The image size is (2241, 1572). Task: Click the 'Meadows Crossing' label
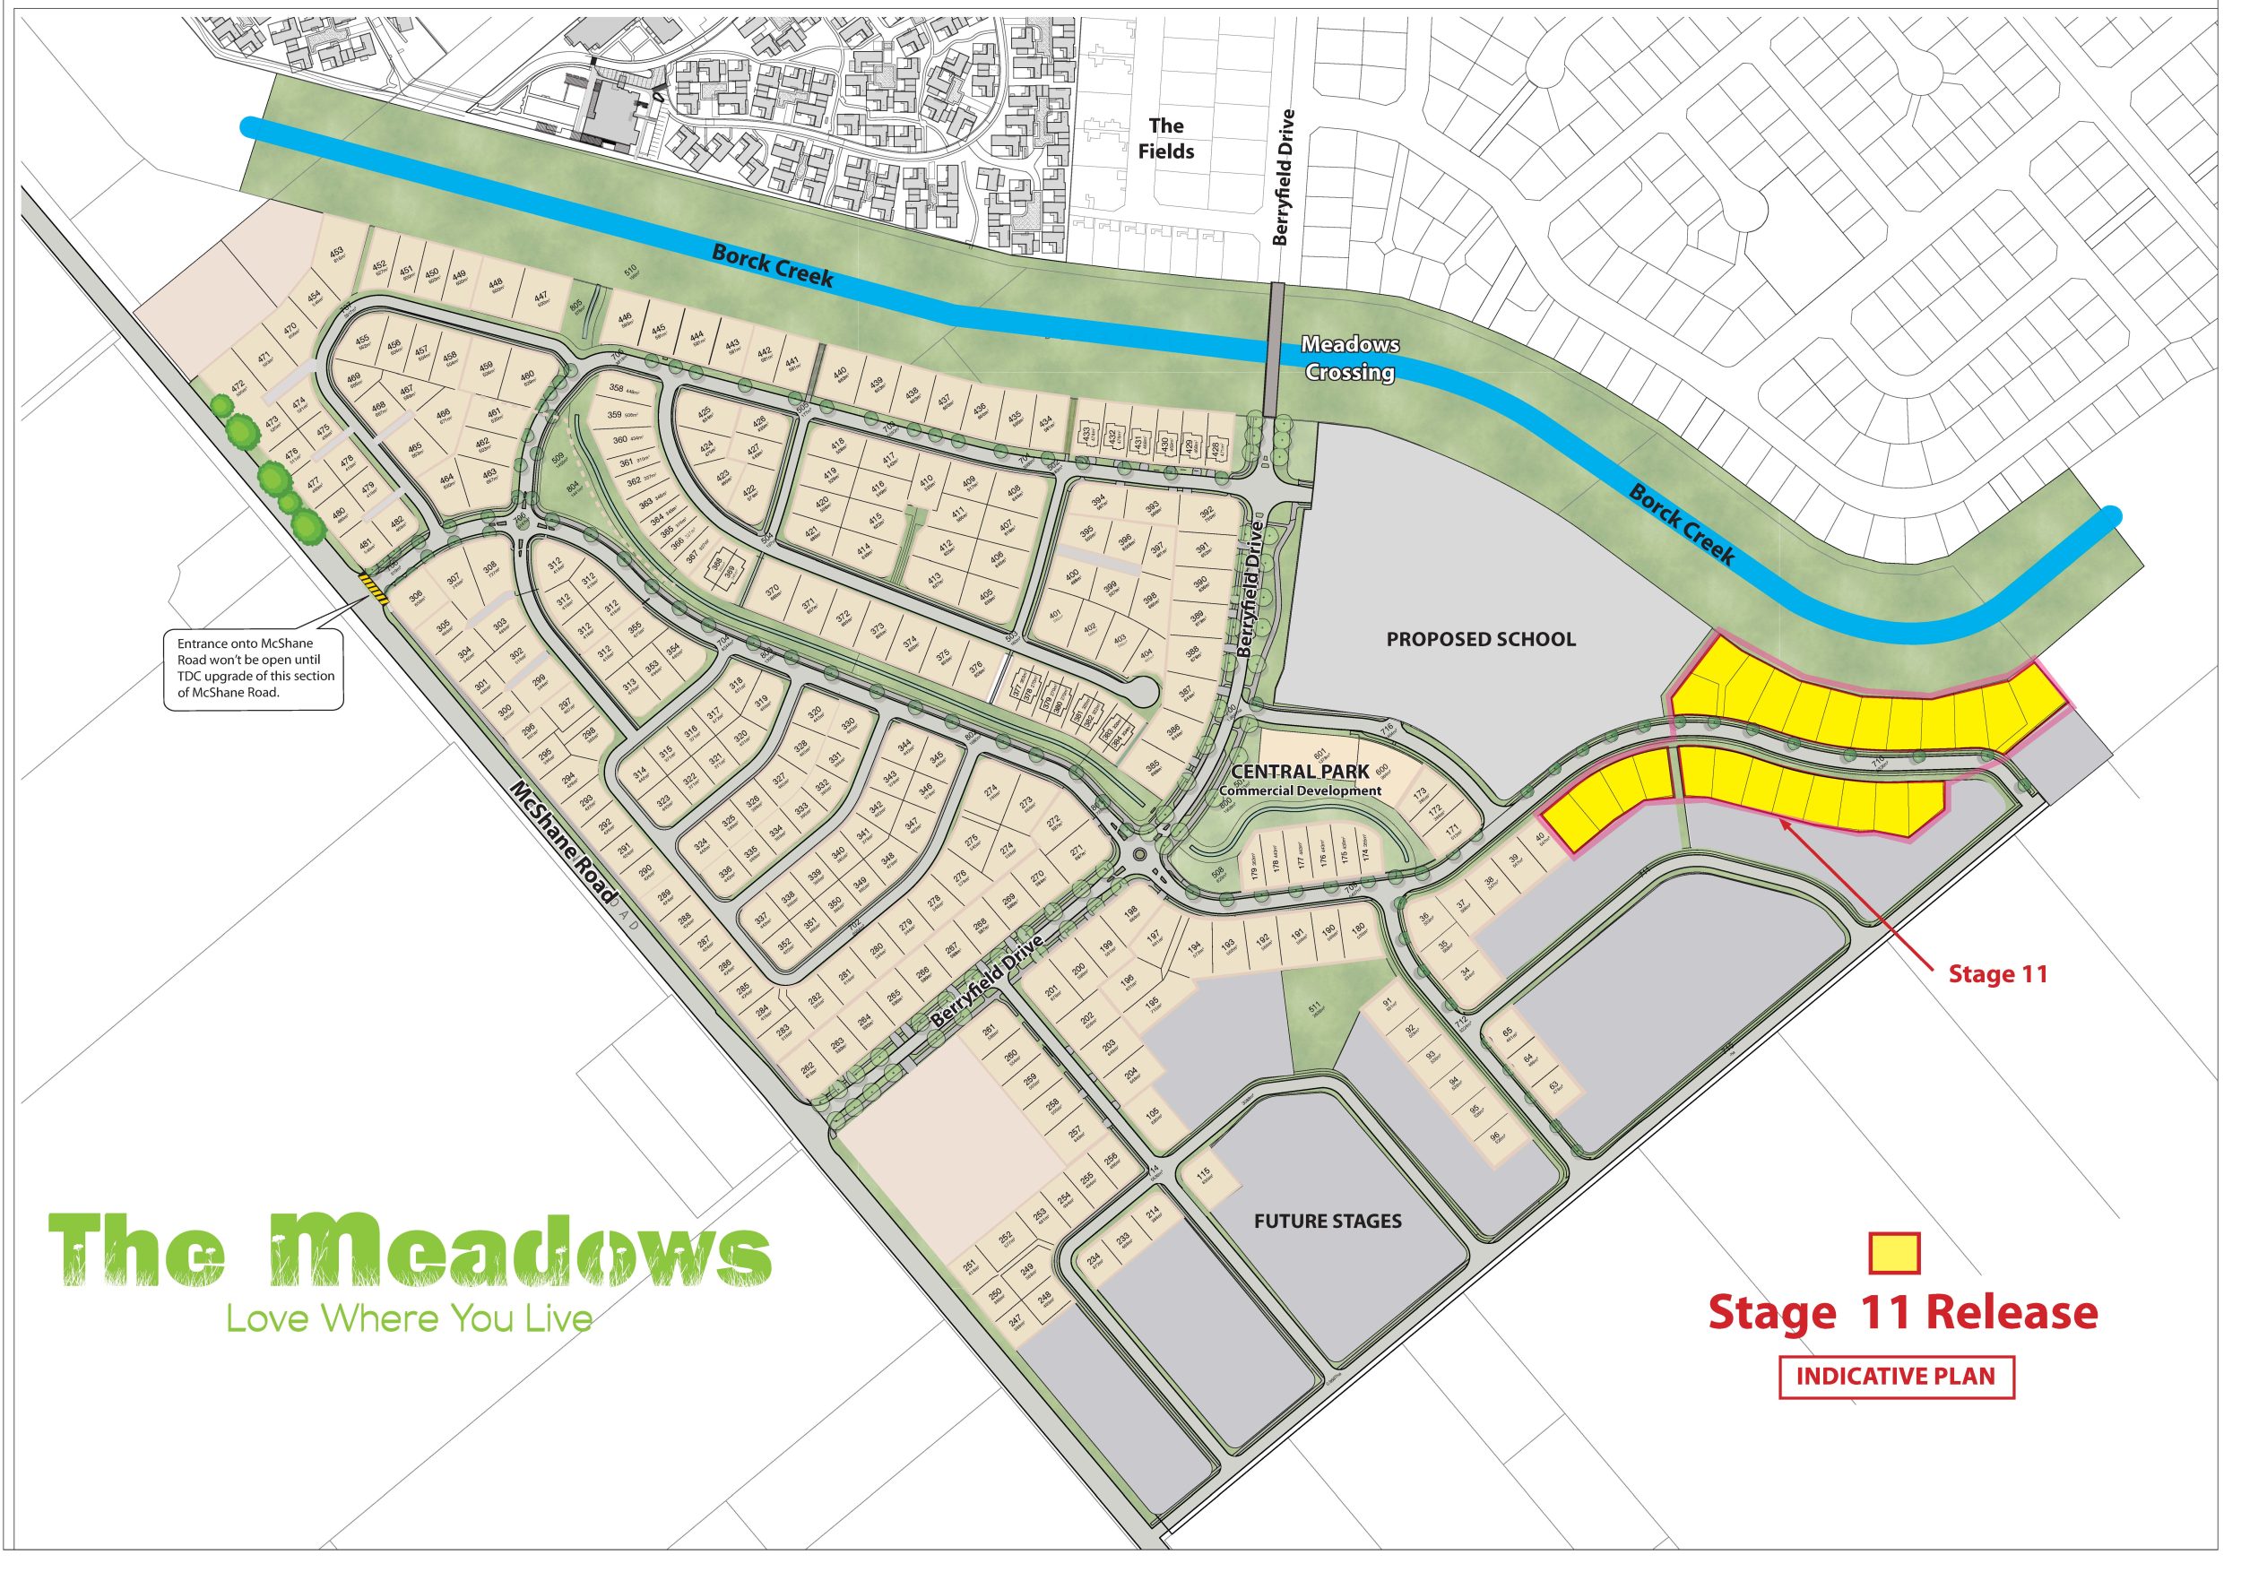(x=1349, y=358)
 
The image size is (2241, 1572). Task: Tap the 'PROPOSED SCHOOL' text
(x=1480, y=639)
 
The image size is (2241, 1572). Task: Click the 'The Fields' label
(x=1165, y=139)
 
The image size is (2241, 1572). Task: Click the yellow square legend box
(x=1893, y=1254)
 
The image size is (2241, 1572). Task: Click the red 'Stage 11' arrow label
(x=1997, y=974)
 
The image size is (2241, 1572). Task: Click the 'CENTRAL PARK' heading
(x=1300, y=772)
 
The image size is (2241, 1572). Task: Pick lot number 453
(x=337, y=255)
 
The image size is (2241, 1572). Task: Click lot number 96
(x=1495, y=1137)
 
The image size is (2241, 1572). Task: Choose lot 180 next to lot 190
(x=1358, y=932)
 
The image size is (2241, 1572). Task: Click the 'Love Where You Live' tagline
(x=409, y=1319)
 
